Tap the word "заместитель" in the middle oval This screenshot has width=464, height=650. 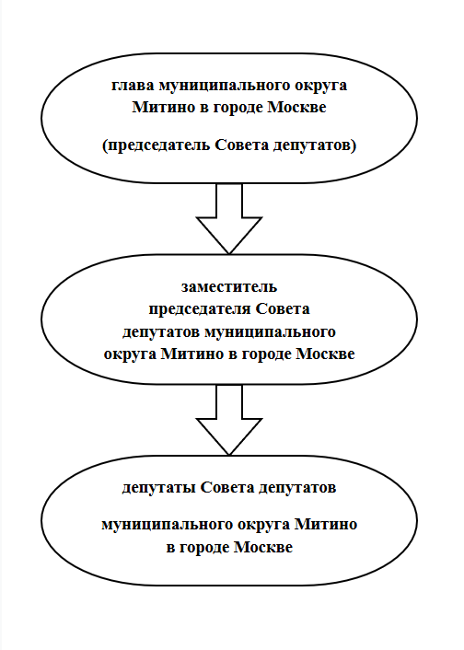229,287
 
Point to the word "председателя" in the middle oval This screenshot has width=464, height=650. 200,310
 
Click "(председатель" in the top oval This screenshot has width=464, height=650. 157,145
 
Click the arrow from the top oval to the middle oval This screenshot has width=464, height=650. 229,218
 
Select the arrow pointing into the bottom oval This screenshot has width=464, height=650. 229,420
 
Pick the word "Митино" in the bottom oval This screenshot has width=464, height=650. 326,525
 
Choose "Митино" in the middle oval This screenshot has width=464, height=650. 192,354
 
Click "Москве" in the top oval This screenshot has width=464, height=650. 296,108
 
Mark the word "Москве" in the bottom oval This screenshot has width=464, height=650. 263,547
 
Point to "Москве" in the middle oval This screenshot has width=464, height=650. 325,354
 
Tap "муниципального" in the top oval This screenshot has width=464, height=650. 224,86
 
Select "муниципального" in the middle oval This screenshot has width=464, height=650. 270,332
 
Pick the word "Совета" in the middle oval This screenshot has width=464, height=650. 283,309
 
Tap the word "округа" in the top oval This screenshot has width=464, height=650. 320,87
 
